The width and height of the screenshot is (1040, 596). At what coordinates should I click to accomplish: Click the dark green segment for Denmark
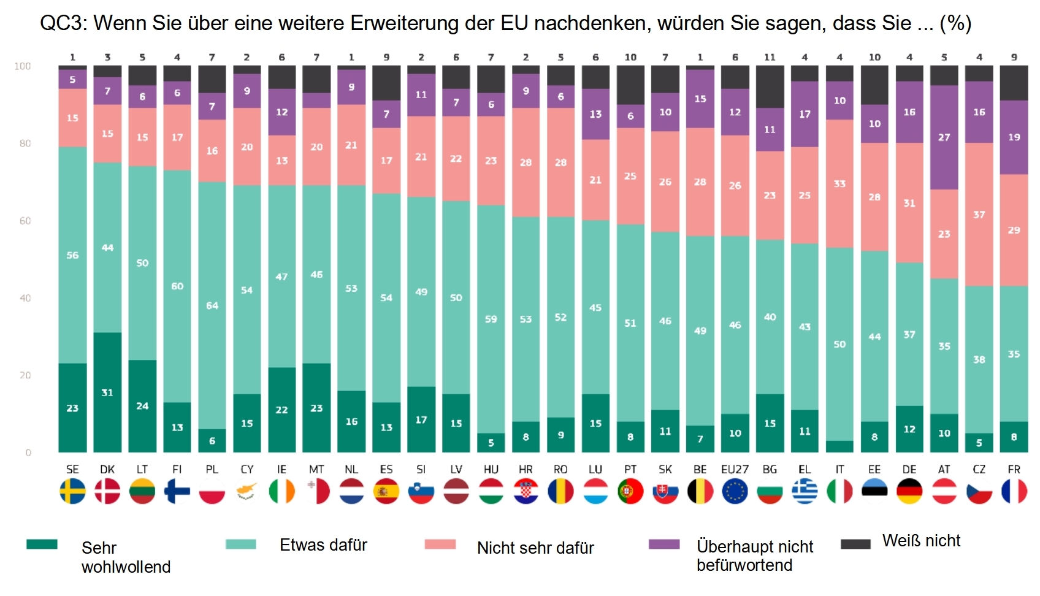pos(107,392)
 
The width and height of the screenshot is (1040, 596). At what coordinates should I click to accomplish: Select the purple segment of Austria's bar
pos(944,137)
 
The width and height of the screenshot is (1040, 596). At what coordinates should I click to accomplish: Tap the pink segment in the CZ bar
pos(979,215)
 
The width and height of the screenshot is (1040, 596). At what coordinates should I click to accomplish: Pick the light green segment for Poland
pos(212,305)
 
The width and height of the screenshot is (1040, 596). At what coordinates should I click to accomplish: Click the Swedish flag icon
pos(72,492)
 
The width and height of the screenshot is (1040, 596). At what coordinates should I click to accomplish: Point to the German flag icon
pos(909,492)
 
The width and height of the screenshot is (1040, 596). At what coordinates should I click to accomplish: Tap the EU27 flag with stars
pos(735,492)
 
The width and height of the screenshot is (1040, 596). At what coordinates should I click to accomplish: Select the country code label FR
pos(1014,470)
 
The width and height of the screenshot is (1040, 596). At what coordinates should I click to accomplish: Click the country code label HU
pos(491,470)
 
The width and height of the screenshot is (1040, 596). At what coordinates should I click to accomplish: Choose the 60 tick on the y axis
pos(25,221)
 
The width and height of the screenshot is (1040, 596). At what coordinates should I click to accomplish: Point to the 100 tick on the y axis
pos(23,66)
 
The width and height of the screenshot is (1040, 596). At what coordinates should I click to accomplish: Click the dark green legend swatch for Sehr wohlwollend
pos(42,544)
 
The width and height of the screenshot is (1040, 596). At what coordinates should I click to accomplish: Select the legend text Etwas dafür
pos(323,545)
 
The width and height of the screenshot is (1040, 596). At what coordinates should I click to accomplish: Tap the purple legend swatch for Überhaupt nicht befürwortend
pos(664,544)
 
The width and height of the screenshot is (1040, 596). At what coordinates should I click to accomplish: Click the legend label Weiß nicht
pos(921,541)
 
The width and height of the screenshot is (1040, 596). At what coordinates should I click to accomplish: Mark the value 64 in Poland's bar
pos(212,305)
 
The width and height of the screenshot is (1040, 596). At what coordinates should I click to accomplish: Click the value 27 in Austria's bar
pos(944,137)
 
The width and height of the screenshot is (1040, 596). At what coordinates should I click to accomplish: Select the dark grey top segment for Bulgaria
pos(770,87)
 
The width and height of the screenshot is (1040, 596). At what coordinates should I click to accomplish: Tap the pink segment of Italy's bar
pos(839,184)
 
